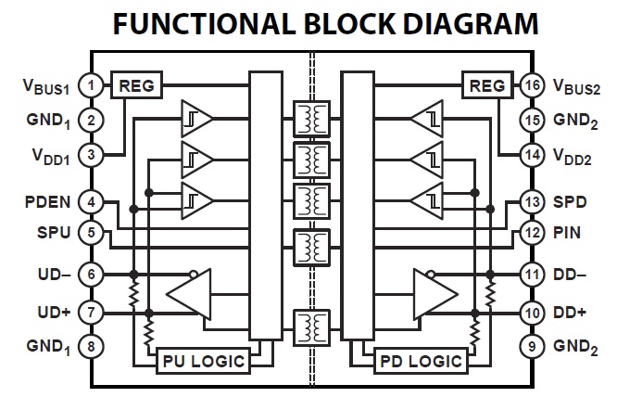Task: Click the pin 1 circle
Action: pos(91,86)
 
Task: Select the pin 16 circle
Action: pos(530,86)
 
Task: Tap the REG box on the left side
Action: pos(136,86)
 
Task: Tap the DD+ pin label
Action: pos(570,313)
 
